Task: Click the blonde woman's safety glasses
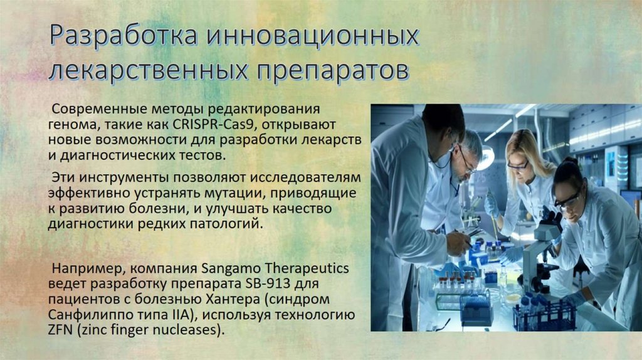[x=518, y=165]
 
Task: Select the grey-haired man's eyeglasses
[x=466, y=162]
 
